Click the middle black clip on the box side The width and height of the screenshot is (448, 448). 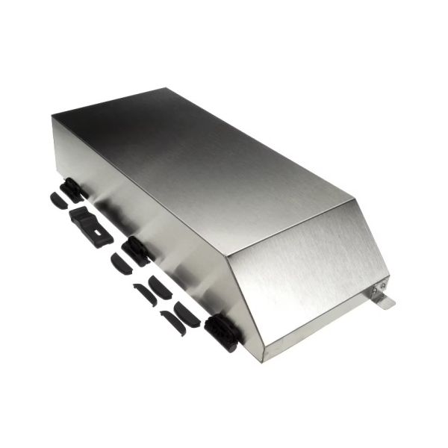click(x=137, y=250)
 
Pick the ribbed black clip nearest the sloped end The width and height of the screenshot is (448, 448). click(x=221, y=333)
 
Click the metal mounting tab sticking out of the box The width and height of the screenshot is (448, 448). click(x=385, y=302)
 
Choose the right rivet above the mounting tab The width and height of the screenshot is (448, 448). click(x=384, y=284)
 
